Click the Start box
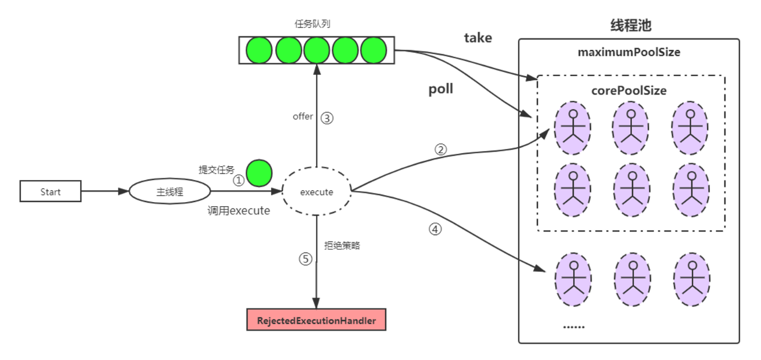point(51,192)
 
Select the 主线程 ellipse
point(170,192)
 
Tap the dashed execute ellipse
point(317,192)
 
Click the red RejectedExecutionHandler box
point(317,320)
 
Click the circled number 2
point(440,149)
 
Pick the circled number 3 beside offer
point(327,118)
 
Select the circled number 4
point(435,229)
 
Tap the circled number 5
point(306,259)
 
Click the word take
point(478,38)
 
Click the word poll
point(440,89)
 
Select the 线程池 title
point(630,26)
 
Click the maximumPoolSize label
point(629,52)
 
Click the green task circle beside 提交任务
point(259,174)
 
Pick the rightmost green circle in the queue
point(373,51)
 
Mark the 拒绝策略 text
point(342,246)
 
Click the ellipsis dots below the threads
point(573,326)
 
